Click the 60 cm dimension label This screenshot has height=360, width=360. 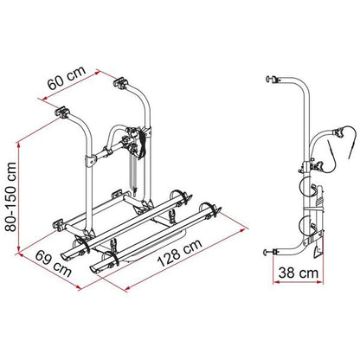(x=67, y=78)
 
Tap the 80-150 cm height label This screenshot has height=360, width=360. (x=11, y=197)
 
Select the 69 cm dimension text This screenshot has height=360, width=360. (x=54, y=263)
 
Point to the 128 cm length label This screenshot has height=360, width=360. (x=179, y=253)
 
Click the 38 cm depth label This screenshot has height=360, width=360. (x=299, y=273)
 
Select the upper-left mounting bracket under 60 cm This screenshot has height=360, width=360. (x=62, y=112)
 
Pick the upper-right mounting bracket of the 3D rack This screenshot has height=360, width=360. (x=120, y=82)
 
